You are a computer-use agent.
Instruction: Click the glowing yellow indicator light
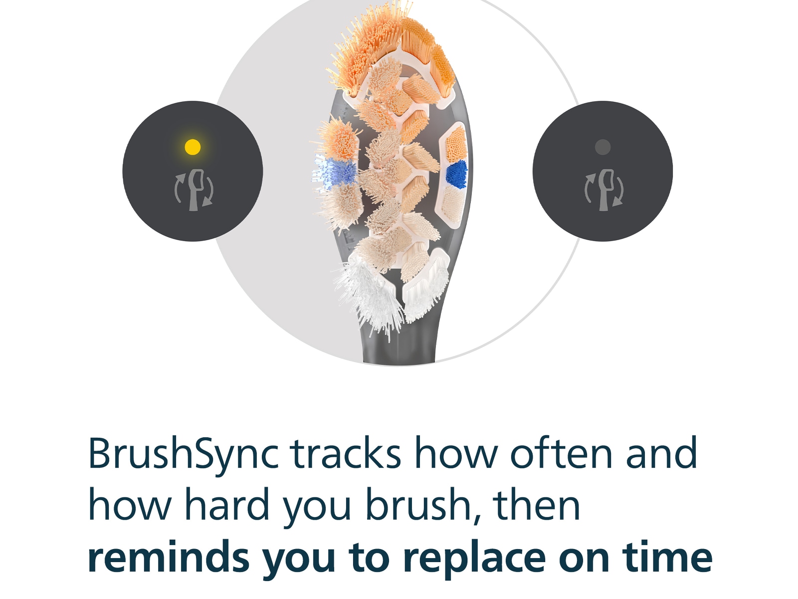point(193,147)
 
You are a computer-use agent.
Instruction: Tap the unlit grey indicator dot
point(602,147)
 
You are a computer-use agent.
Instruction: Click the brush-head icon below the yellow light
point(194,190)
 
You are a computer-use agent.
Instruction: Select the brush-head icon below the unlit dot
point(604,190)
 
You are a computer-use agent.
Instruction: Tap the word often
point(562,453)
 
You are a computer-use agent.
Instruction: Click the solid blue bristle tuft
point(456,174)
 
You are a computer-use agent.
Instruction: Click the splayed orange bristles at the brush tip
point(367,47)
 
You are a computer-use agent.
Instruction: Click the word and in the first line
point(662,453)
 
